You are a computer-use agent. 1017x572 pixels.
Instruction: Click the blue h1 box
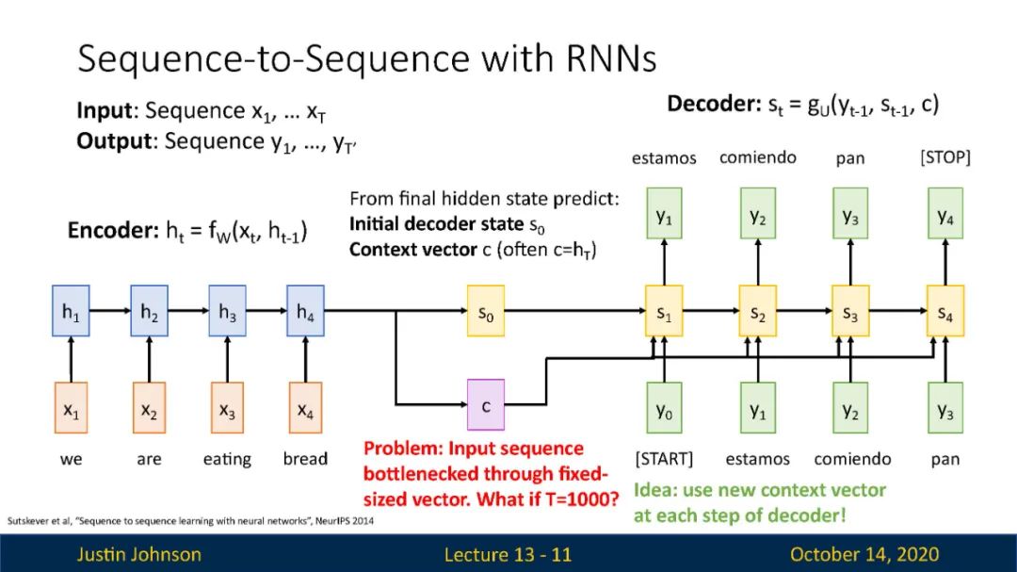pyautogui.click(x=71, y=311)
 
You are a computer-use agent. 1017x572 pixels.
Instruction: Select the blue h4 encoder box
pyautogui.click(x=305, y=311)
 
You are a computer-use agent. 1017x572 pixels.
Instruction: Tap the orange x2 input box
pyautogui.click(x=149, y=408)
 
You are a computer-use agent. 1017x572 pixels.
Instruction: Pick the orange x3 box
pyautogui.click(x=227, y=408)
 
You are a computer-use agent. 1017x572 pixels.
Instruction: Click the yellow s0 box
pyautogui.click(x=486, y=311)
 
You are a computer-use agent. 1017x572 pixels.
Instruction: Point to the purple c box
pyautogui.click(x=486, y=404)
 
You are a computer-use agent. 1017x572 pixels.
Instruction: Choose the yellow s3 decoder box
pyautogui.click(x=850, y=311)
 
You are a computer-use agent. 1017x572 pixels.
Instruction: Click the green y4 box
pyautogui.click(x=945, y=214)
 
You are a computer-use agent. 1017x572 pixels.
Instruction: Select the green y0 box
pyautogui.click(x=664, y=408)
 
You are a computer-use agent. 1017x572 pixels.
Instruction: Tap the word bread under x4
pyautogui.click(x=305, y=459)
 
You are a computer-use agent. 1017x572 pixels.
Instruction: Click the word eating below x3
pyautogui.click(x=227, y=460)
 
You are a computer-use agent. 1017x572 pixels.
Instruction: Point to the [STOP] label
pyautogui.click(x=945, y=157)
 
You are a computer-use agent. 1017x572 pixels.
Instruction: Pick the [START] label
pyautogui.click(x=664, y=459)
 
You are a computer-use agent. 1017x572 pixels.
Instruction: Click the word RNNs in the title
pyautogui.click(x=612, y=58)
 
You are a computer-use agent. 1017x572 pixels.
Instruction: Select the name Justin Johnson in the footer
pyautogui.click(x=139, y=554)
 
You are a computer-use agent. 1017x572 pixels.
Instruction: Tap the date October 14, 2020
pyautogui.click(x=864, y=554)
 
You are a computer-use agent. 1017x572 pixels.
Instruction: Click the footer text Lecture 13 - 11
pyautogui.click(x=508, y=554)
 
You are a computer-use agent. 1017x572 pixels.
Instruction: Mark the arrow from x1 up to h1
pyautogui.click(x=71, y=360)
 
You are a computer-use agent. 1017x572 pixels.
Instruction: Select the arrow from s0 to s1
pyautogui.click(x=575, y=311)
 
